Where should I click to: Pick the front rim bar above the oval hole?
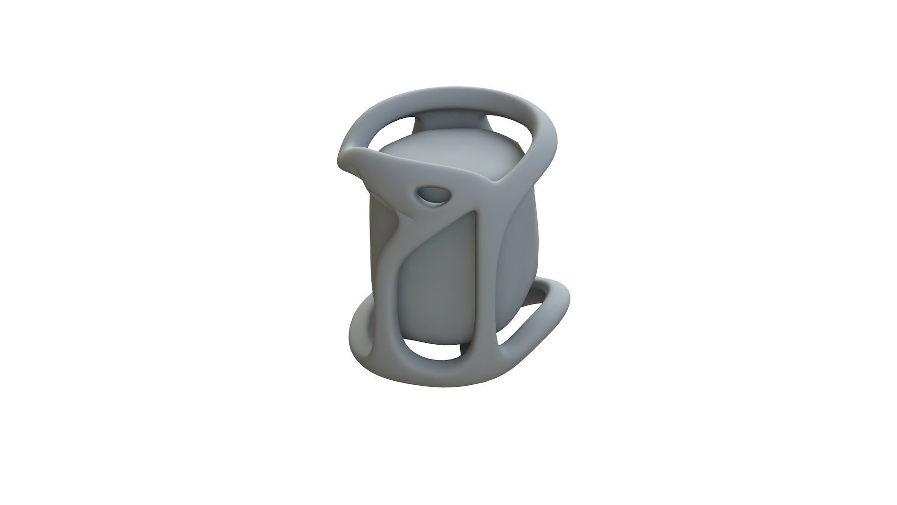point(420,175)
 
